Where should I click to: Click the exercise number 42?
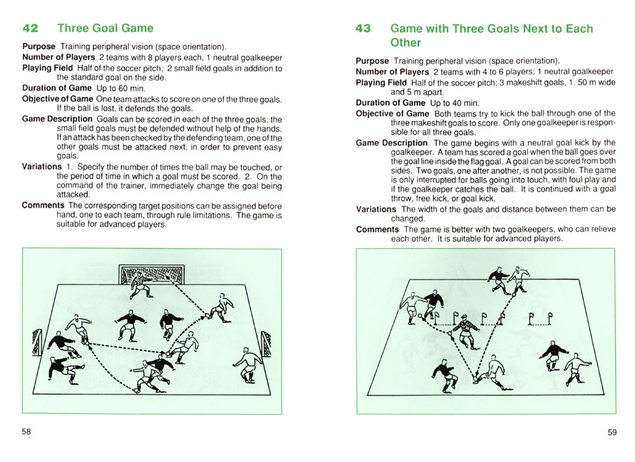coord(31,29)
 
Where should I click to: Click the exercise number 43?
coord(363,29)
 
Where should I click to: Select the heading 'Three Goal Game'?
coord(105,29)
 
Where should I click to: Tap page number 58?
coord(26,432)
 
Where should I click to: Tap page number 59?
coord(611,432)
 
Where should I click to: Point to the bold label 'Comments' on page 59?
coord(377,230)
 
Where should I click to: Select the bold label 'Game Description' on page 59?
coord(391,143)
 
